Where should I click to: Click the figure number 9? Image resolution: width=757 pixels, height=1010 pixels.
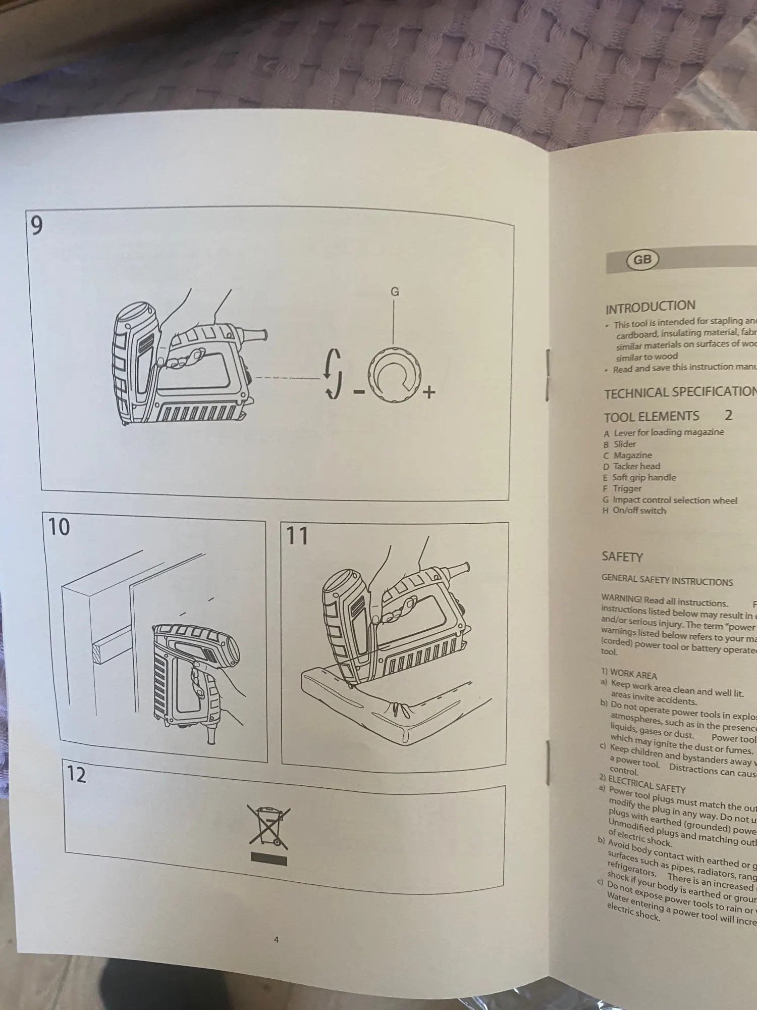point(37,226)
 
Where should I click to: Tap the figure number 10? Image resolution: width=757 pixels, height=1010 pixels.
point(59,527)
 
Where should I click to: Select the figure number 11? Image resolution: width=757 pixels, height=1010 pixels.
point(297,535)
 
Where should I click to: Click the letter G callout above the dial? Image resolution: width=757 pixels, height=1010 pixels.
point(395,292)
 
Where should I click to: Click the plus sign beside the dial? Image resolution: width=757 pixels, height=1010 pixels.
point(429,392)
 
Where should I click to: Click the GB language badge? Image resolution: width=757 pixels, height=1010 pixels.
point(642,260)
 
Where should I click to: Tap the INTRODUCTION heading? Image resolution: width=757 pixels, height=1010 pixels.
point(650,307)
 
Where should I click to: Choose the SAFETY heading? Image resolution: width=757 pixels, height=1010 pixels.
point(622,557)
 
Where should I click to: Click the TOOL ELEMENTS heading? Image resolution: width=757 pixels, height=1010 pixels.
point(652,417)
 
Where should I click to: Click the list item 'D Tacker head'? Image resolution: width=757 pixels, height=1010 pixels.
point(631,466)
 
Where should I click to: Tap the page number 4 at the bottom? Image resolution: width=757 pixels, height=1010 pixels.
point(276,940)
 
